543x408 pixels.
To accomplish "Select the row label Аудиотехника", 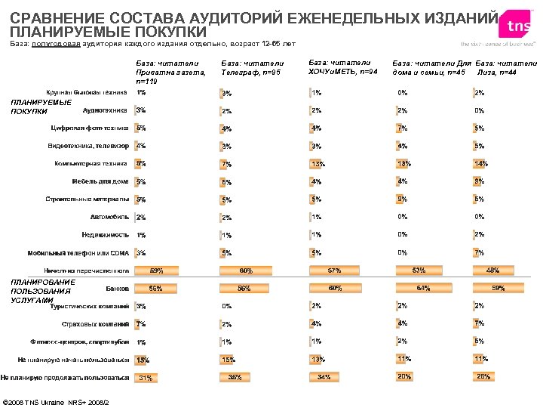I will click(x=106, y=110).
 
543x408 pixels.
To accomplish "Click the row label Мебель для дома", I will click(x=100, y=181).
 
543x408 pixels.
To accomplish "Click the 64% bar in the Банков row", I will click(x=423, y=288).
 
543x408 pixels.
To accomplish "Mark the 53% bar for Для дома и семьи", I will click(x=419, y=270).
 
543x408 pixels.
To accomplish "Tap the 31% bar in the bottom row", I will click(x=146, y=378).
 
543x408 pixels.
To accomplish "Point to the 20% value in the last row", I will click(x=405, y=376).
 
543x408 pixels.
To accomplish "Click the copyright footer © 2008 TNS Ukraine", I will click(x=57, y=400).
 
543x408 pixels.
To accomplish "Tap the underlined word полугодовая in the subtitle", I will click(x=56, y=45).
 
